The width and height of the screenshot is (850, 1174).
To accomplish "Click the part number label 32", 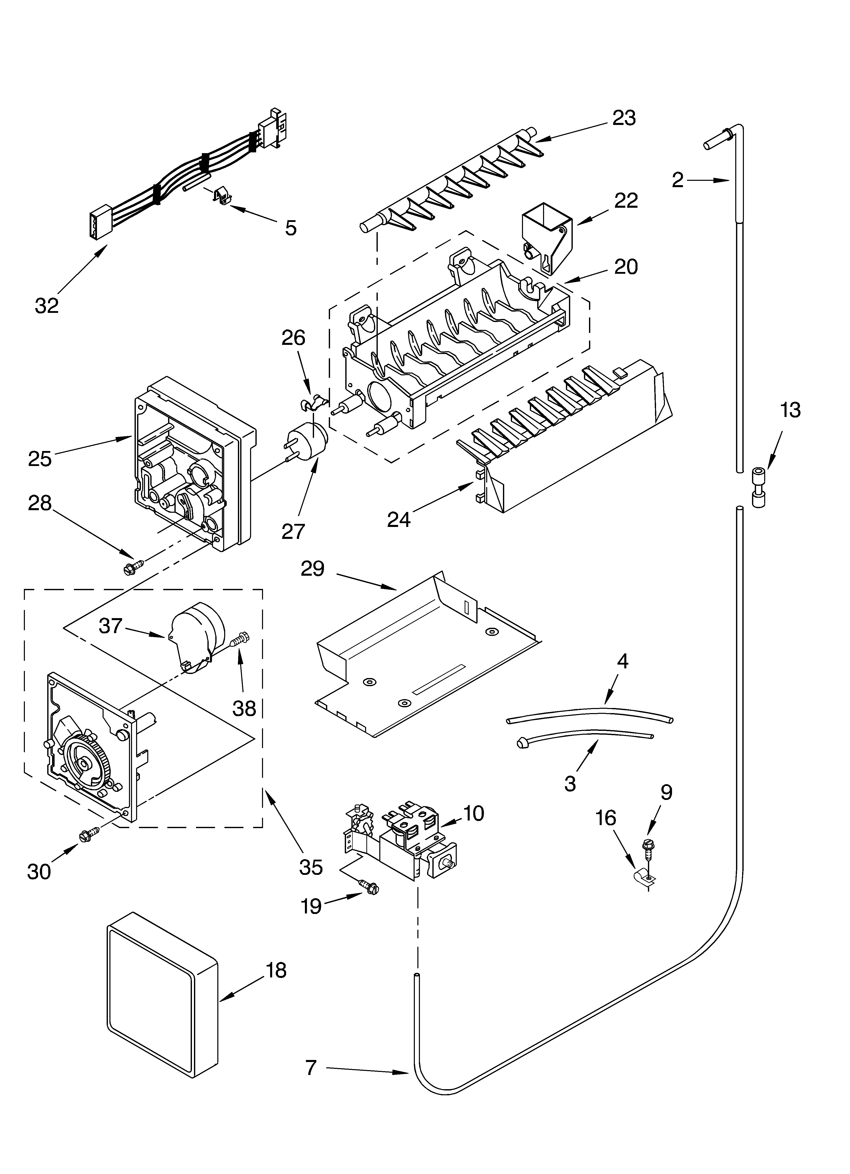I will (x=47, y=306).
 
